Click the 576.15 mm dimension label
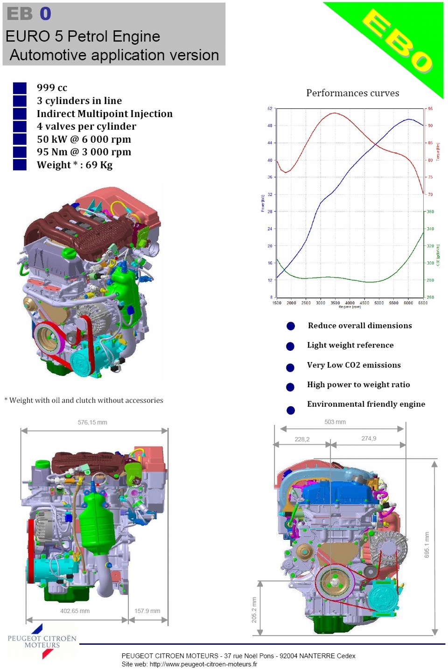[92, 422]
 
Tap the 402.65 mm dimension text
[75, 611]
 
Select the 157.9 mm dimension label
[147, 611]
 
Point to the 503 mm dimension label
[335, 422]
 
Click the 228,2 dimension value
[302, 439]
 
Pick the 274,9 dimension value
[369, 438]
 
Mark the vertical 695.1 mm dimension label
[427, 544]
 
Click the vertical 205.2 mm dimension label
[254, 610]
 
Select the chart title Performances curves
[352, 93]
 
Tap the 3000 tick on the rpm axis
[321, 303]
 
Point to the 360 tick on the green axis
[430, 211]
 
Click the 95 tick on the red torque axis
[430, 109]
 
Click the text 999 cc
[52, 88]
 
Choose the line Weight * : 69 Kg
[75, 165]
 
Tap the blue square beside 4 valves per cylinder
[20, 126]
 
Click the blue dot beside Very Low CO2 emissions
[290, 368]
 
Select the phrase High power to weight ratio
[358, 384]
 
